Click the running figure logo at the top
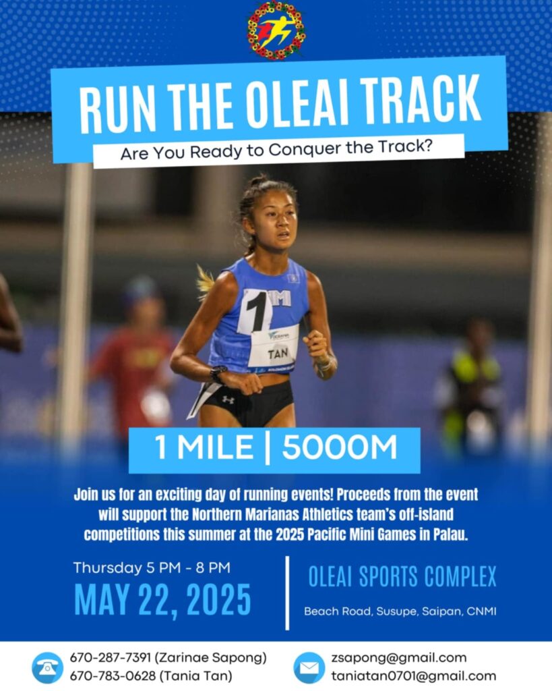pyautogui.click(x=276, y=30)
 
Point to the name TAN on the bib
pyautogui.click(x=277, y=353)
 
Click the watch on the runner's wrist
pyautogui.click(x=218, y=374)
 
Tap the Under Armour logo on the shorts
pyautogui.click(x=228, y=399)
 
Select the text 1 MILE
pyautogui.click(x=204, y=447)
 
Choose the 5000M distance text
pyautogui.click(x=340, y=447)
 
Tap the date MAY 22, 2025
pyautogui.click(x=162, y=600)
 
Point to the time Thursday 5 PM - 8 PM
pyautogui.click(x=152, y=568)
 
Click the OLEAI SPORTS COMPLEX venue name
pyautogui.click(x=402, y=576)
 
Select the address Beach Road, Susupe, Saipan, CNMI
pyautogui.click(x=400, y=611)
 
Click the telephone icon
pyautogui.click(x=48, y=667)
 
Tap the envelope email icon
pyautogui.click(x=309, y=667)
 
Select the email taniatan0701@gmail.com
pyautogui.click(x=413, y=676)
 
